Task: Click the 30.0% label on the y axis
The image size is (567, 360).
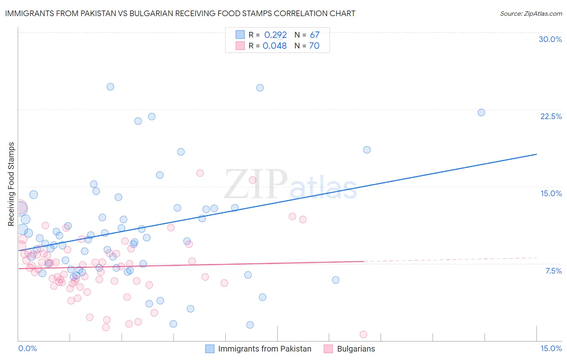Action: (550, 39)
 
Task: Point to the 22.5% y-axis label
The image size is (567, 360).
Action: (551, 116)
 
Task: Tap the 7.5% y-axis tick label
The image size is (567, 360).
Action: (553, 271)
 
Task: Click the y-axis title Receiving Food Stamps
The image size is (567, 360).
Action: (11, 184)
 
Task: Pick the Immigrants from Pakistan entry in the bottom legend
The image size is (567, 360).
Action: (265, 349)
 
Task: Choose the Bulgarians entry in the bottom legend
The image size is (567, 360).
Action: (356, 349)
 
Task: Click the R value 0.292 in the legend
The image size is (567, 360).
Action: (275, 35)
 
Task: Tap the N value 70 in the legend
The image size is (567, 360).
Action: (314, 46)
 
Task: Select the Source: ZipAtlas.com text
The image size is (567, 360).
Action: (531, 14)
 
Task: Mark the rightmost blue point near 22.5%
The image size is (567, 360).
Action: (481, 113)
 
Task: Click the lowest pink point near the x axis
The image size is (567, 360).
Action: (363, 334)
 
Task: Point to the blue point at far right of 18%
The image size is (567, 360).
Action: (367, 150)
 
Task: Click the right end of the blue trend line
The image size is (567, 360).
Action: (536, 154)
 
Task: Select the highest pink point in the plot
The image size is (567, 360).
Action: (200, 173)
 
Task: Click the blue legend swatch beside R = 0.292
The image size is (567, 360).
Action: (240, 35)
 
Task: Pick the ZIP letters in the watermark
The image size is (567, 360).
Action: (256, 184)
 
